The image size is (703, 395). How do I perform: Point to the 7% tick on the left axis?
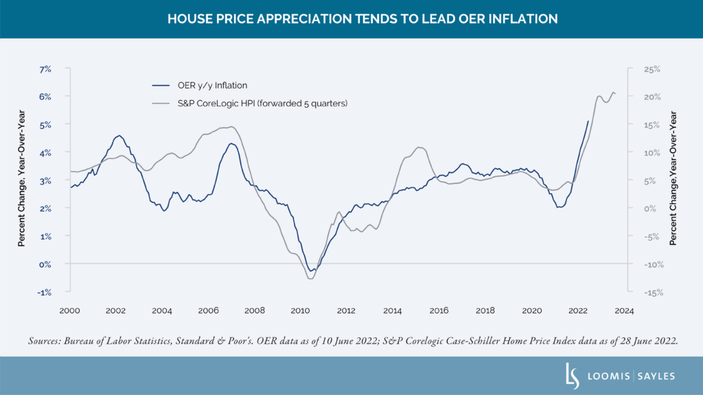coord(45,69)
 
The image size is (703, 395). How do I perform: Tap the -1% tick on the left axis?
coord(45,292)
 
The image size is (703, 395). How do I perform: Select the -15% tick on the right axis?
coord(652,292)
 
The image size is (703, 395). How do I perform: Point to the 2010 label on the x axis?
coord(301,311)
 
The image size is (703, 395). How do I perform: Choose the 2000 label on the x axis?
coord(70,311)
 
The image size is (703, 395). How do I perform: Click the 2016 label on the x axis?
coord(439,311)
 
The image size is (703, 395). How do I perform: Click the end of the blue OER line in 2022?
coord(588,121)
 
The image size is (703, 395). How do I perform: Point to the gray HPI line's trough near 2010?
coord(310,278)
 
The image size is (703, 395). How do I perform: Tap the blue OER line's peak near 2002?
coord(119,136)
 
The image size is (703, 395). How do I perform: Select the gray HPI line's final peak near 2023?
coord(613,92)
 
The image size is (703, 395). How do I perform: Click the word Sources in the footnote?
coord(45,340)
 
